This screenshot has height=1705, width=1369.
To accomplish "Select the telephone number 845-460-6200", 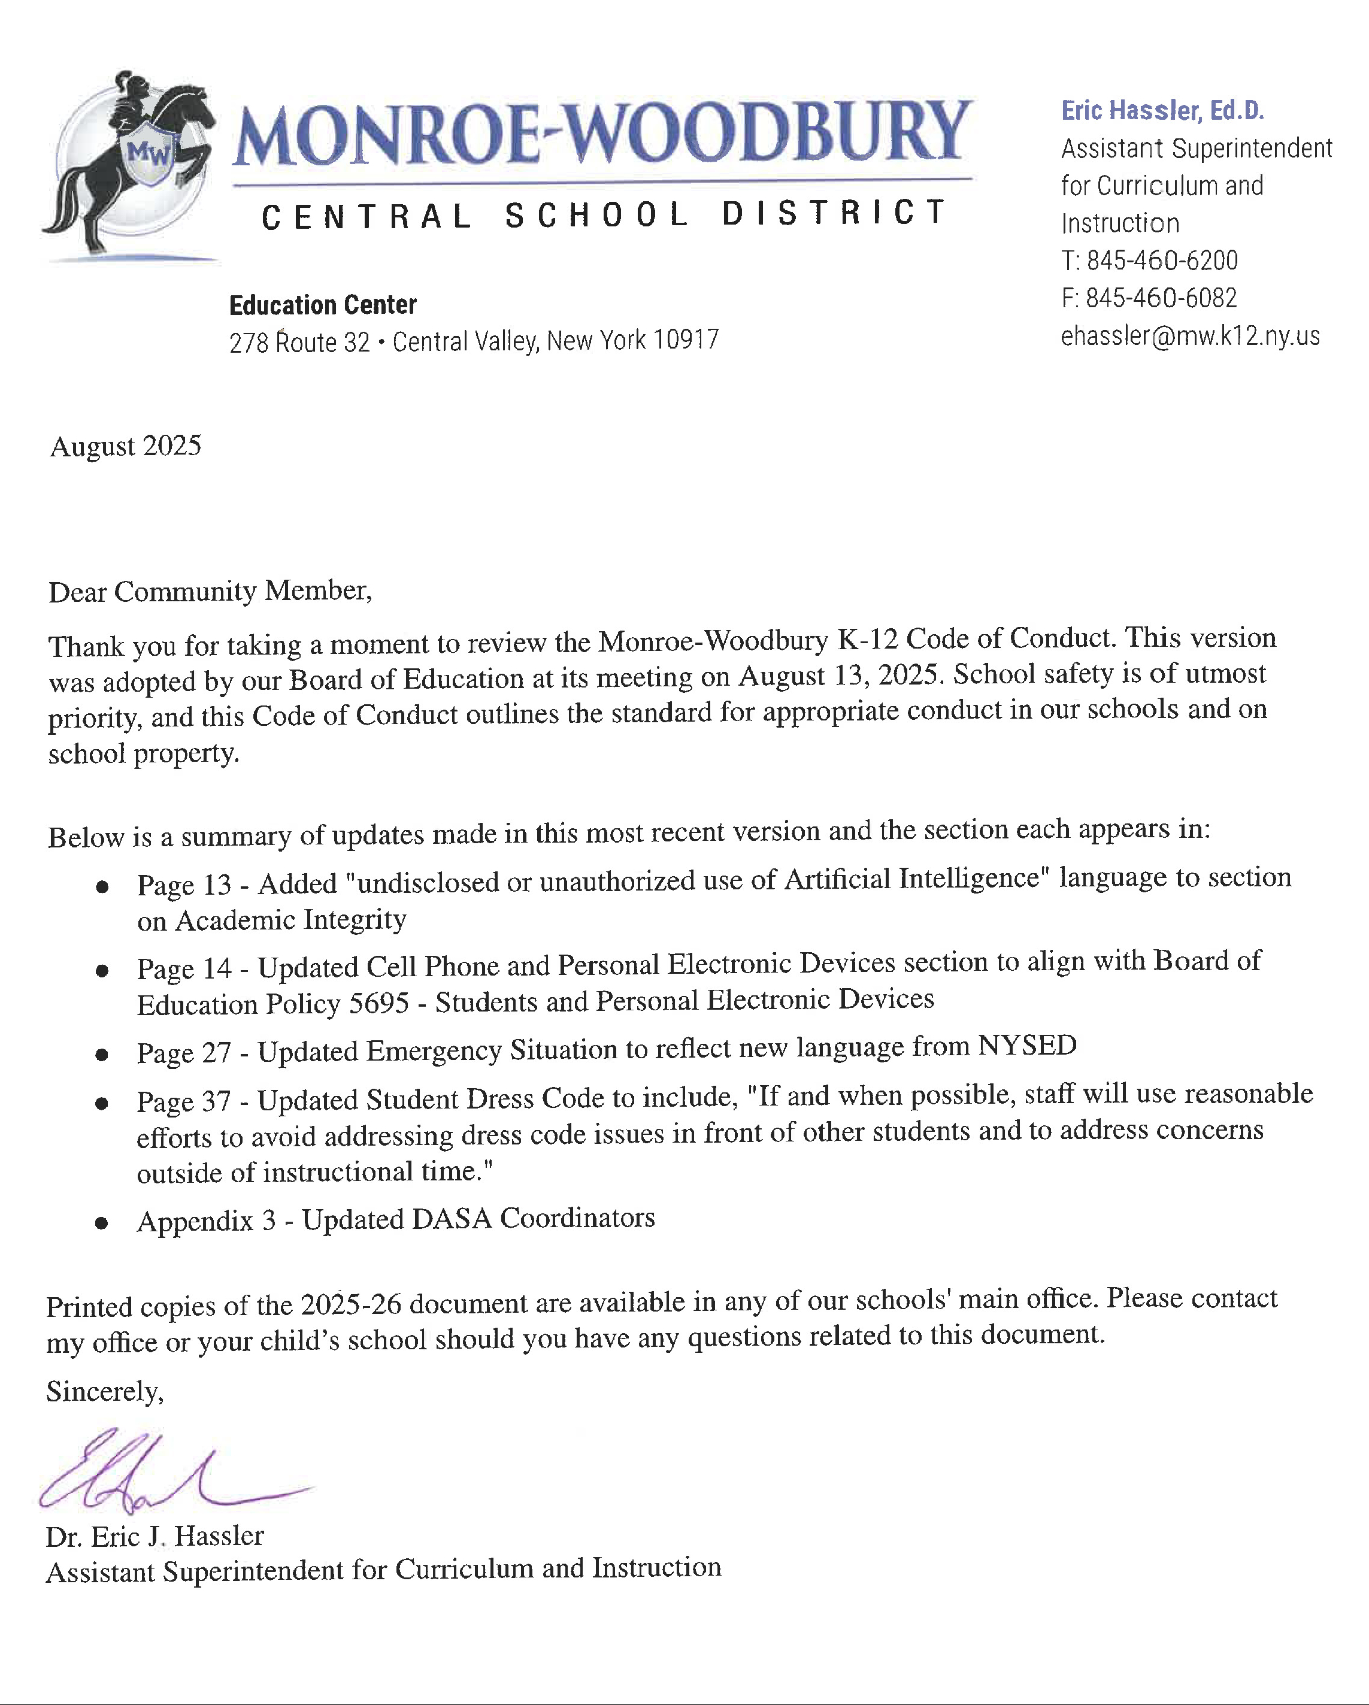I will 1161,260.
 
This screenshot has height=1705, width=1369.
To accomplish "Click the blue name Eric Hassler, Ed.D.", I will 1162,111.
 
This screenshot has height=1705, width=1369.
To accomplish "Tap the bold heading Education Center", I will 323,304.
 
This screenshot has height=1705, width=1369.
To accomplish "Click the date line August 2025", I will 126,446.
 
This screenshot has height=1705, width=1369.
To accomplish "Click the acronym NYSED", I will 1026,1046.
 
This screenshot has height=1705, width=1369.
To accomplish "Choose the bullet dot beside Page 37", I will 102,1103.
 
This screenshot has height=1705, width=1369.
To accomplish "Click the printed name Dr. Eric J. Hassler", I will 155,1536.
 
